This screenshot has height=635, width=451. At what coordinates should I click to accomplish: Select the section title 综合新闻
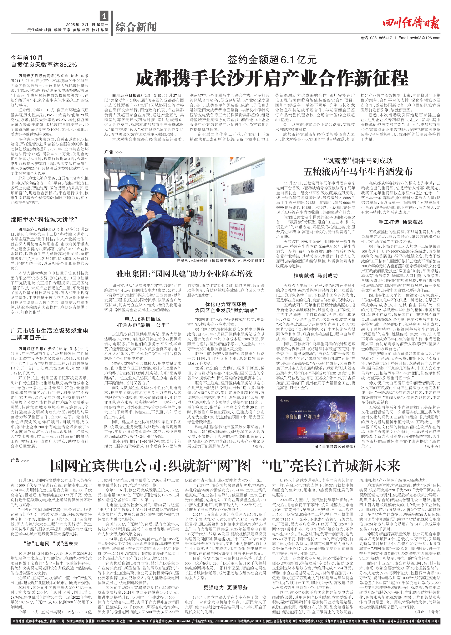click(136, 27)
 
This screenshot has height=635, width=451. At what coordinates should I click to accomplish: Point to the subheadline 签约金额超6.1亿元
click(272, 59)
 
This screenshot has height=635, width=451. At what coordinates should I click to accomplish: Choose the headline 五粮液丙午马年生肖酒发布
click(358, 172)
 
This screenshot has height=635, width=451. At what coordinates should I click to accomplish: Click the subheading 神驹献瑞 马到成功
click(315, 276)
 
